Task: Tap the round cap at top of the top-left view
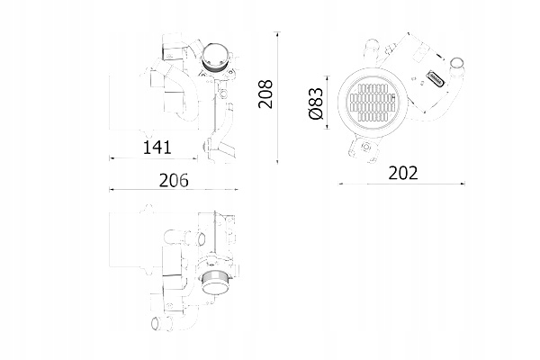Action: (215, 60)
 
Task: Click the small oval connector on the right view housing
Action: (440, 77)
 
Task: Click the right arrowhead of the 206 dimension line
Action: (238, 190)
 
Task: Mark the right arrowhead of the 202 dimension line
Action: (471, 184)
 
